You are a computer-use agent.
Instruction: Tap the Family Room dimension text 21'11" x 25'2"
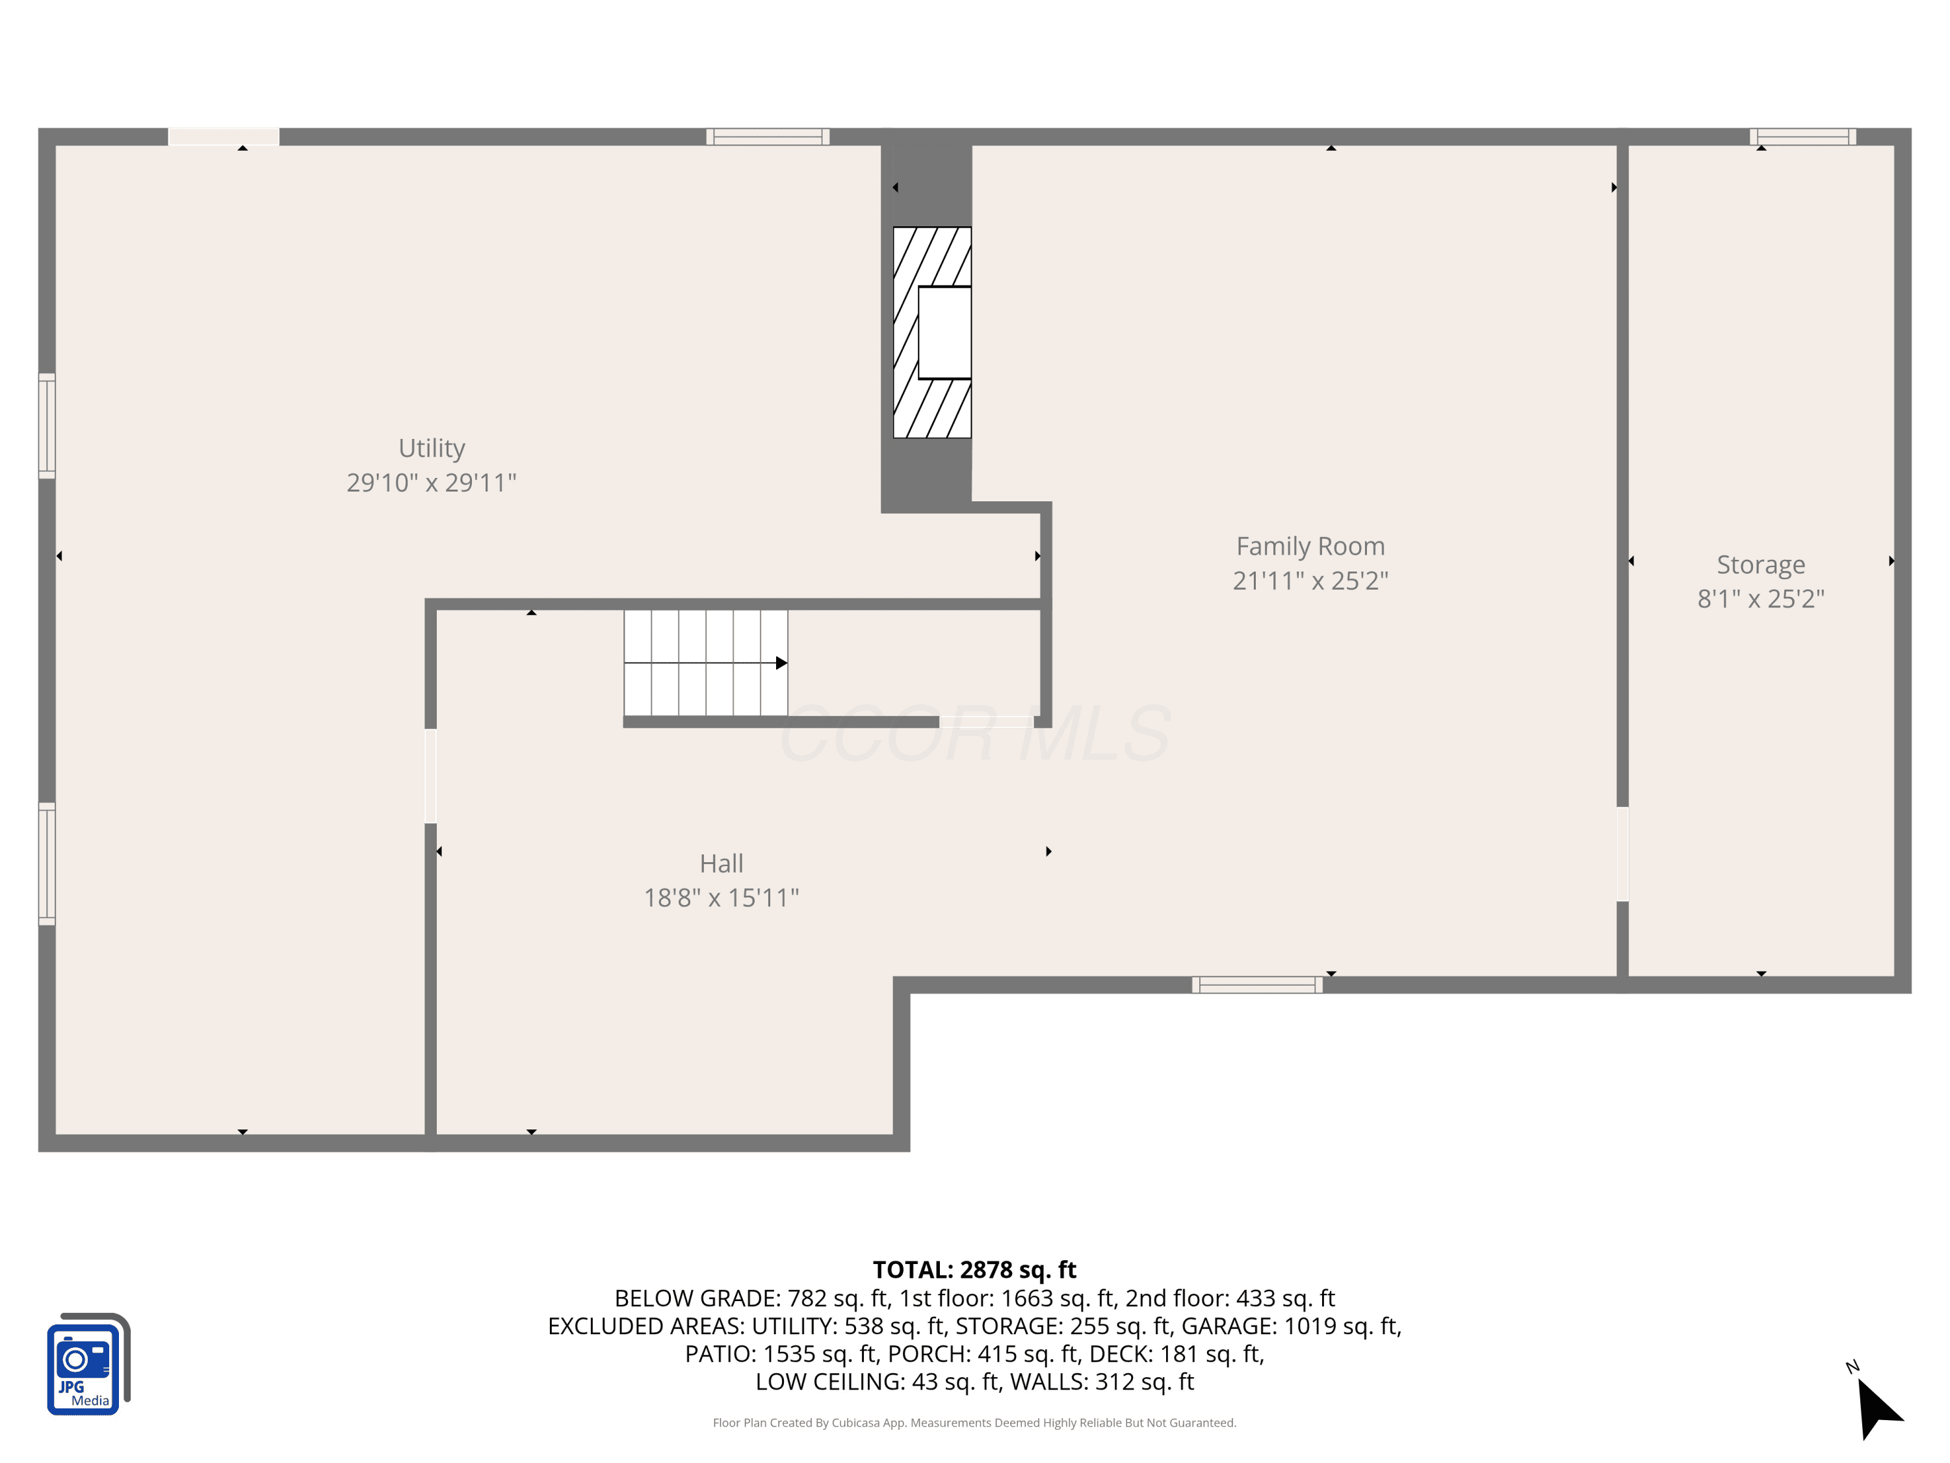pyautogui.click(x=1310, y=580)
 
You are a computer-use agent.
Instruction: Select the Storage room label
pyautogui.click(x=1760, y=564)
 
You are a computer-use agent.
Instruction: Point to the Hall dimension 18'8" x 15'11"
pyautogui.click(x=721, y=898)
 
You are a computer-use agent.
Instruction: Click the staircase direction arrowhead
pyautogui.click(x=781, y=663)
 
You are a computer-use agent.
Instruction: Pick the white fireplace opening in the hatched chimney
pyautogui.click(x=945, y=332)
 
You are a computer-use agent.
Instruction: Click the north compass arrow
pyautogui.click(x=1878, y=1408)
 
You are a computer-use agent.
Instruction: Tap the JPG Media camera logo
pyautogui.click(x=88, y=1364)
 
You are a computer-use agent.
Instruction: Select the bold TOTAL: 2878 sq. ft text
pyautogui.click(x=974, y=1269)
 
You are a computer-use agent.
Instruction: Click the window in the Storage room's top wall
pyautogui.click(x=1803, y=137)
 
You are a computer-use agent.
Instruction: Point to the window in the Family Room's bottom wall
pyautogui.click(x=1257, y=985)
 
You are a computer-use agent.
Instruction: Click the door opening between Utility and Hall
pyautogui.click(x=430, y=776)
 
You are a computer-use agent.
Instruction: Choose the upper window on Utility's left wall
pyautogui.click(x=47, y=426)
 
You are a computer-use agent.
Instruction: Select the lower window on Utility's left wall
pyautogui.click(x=47, y=863)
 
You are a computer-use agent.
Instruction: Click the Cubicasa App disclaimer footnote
pyautogui.click(x=974, y=1423)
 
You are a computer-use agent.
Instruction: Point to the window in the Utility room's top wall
pyautogui.click(x=768, y=137)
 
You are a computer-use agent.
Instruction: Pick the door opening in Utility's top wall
pyautogui.click(x=224, y=137)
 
